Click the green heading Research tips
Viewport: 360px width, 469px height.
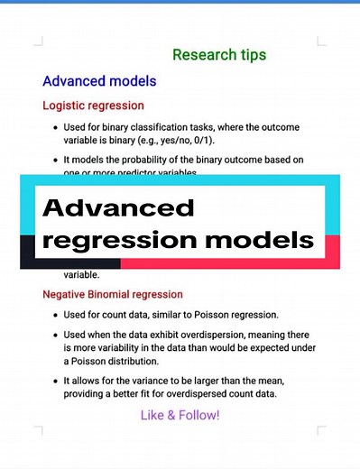tap(219, 55)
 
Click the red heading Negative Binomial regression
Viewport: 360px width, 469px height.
tap(113, 294)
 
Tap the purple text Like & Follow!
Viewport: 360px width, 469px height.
tap(180, 415)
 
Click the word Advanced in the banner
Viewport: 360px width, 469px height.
tap(118, 209)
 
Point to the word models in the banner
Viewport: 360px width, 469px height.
tap(265, 242)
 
